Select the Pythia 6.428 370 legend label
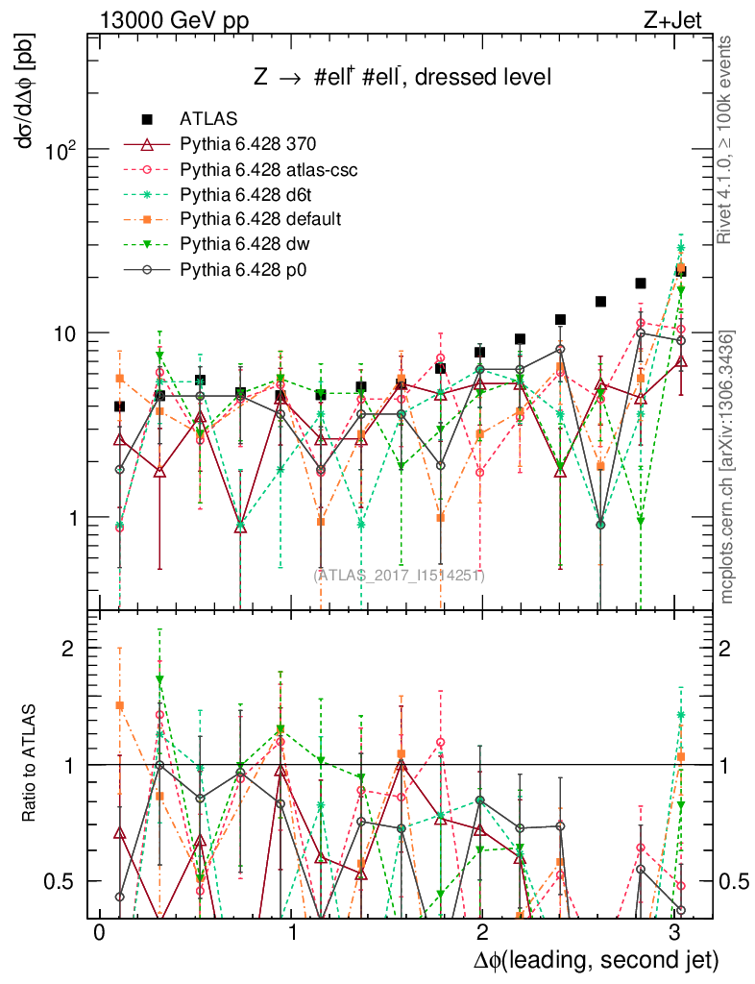coord(248,144)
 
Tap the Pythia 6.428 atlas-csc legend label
coord(269,169)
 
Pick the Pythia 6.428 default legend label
coord(260,219)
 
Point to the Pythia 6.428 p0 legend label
coord(244,269)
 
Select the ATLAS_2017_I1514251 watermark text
coord(399,576)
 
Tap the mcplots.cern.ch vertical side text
coord(727,468)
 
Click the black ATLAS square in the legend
coord(147,119)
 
